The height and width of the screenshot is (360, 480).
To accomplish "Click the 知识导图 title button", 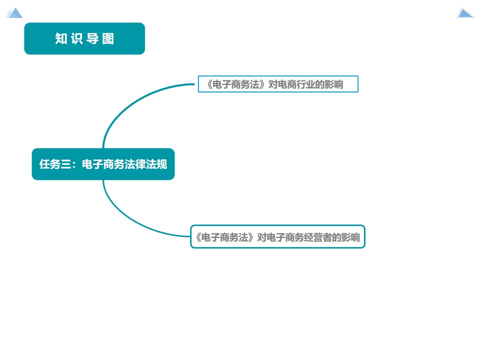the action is [x=84, y=38].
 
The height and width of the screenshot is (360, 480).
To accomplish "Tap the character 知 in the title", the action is [x=61, y=39].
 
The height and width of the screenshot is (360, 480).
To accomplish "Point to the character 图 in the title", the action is [x=108, y=39].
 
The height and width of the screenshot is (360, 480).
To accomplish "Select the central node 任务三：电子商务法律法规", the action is [x=103, y=164].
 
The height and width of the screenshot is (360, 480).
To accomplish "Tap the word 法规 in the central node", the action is [x=157, y=164].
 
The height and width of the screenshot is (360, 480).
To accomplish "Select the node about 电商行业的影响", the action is [x=278, y=84].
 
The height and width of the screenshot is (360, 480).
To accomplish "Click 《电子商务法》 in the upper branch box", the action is [x=232, y=84].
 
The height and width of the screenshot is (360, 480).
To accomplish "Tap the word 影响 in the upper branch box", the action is [x=335, y=84].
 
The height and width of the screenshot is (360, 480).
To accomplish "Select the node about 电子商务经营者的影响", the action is [x=278, y=237].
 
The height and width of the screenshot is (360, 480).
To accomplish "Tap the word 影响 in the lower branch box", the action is [x=351, y=237].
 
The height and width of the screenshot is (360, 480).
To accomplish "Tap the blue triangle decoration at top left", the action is [x=14, y=13].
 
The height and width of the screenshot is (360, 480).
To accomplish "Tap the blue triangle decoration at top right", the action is [x=465, y=13].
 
